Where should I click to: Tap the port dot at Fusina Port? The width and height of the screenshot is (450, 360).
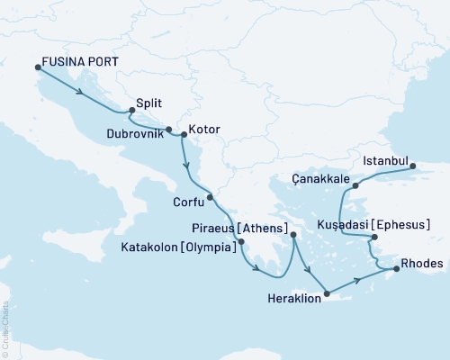38,67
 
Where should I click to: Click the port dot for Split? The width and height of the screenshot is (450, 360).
132,111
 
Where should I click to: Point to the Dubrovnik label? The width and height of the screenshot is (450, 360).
136,133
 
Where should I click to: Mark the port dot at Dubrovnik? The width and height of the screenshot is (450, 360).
168,129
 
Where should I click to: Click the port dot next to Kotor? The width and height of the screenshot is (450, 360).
184,135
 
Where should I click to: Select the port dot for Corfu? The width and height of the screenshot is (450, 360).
210,197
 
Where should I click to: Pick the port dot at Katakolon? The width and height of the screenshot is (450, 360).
241,241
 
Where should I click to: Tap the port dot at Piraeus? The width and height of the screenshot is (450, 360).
293,236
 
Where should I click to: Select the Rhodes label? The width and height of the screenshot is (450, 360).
421,264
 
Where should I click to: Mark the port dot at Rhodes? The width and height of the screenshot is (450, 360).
392,268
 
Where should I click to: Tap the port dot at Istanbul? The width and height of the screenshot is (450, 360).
413,166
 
